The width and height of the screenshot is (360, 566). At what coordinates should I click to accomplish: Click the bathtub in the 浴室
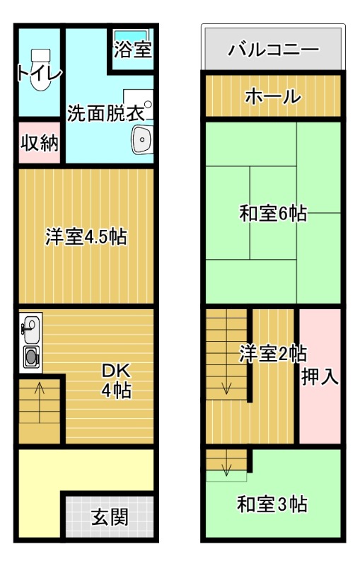(x=131, y=35)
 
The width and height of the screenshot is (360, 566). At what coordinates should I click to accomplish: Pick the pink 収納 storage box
(x=39, y=143)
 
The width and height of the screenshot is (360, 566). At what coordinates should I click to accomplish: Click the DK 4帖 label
(x=115, y=381)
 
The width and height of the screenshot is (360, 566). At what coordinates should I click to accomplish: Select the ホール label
(x=273, y=97)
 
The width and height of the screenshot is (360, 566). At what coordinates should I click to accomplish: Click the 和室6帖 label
(x=272, y=213)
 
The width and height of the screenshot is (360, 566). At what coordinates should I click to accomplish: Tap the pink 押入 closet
(x=320, y=376)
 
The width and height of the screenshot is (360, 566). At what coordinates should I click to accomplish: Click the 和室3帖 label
(x=272, y=505)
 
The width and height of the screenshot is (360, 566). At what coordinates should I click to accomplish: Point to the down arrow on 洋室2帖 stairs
(x=227, y=387)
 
